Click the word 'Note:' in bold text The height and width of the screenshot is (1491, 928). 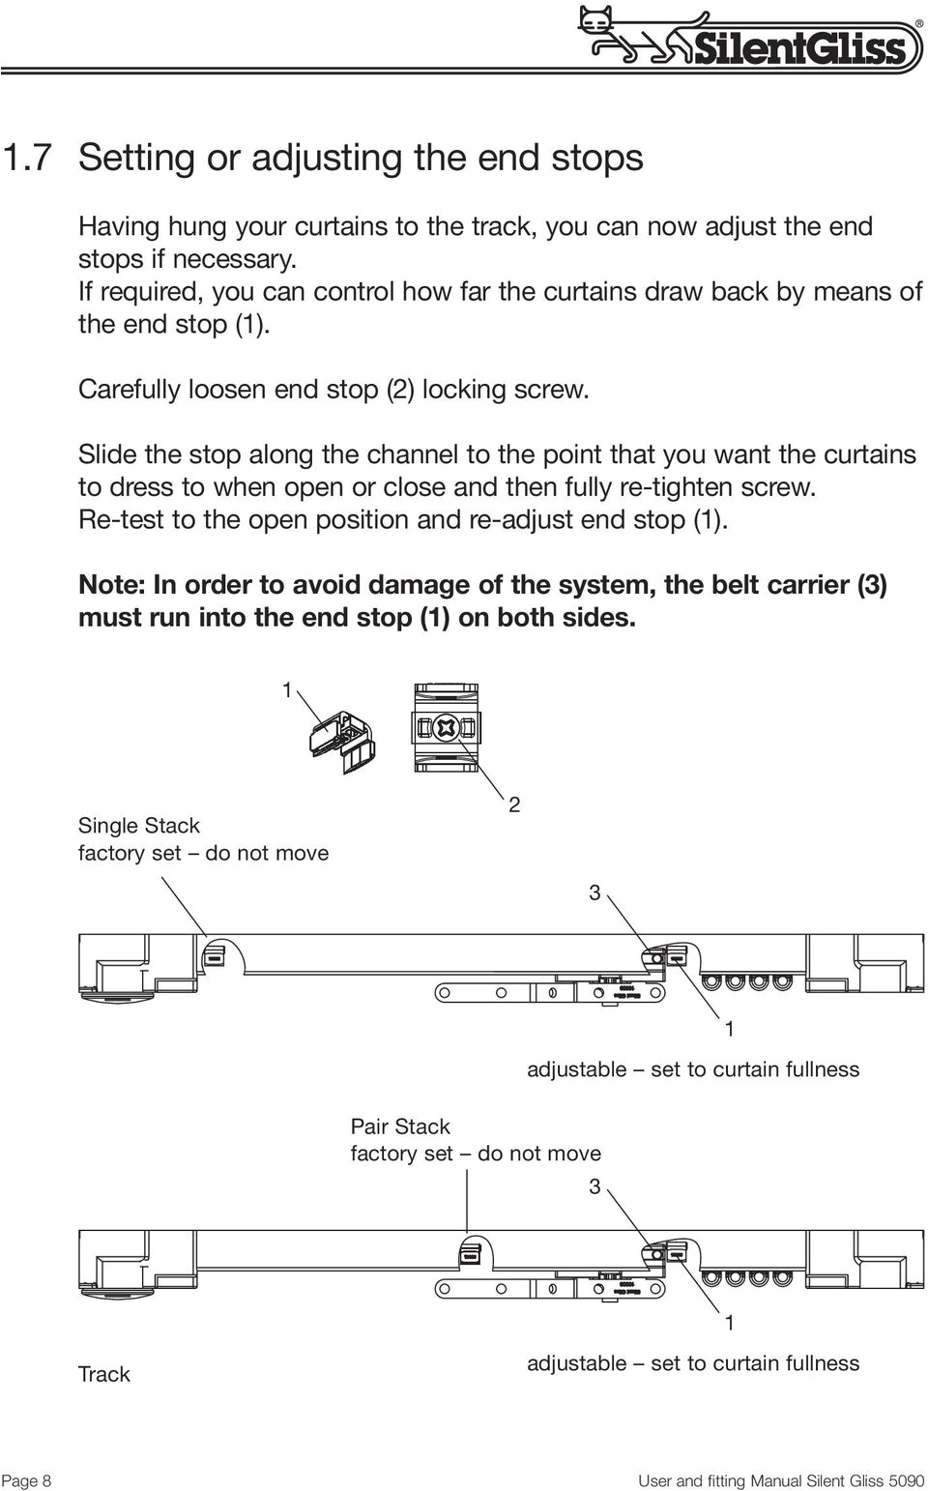click(x=111, y=585)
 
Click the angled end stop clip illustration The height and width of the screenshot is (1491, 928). click(x=341, y=739)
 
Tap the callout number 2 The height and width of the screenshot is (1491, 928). click(x=514, y=804)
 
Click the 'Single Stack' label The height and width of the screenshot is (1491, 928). click(x=138, y=825)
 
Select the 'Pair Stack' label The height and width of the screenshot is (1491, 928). click(x=400, y=1126)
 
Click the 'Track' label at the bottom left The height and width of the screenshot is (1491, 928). click(x=103, y=1373)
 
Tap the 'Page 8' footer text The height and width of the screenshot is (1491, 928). click(x=27, y=1480)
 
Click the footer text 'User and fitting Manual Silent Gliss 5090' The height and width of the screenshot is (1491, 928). click(x=781, y=1480)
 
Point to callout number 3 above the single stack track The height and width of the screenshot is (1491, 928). click(x=595, y=893)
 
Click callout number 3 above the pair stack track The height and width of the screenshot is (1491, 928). click(x=595, y=1185)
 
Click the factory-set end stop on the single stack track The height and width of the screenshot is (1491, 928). click(x=215, y=955)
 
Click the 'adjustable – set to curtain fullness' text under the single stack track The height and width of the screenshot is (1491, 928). click(x=692, y=1068)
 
